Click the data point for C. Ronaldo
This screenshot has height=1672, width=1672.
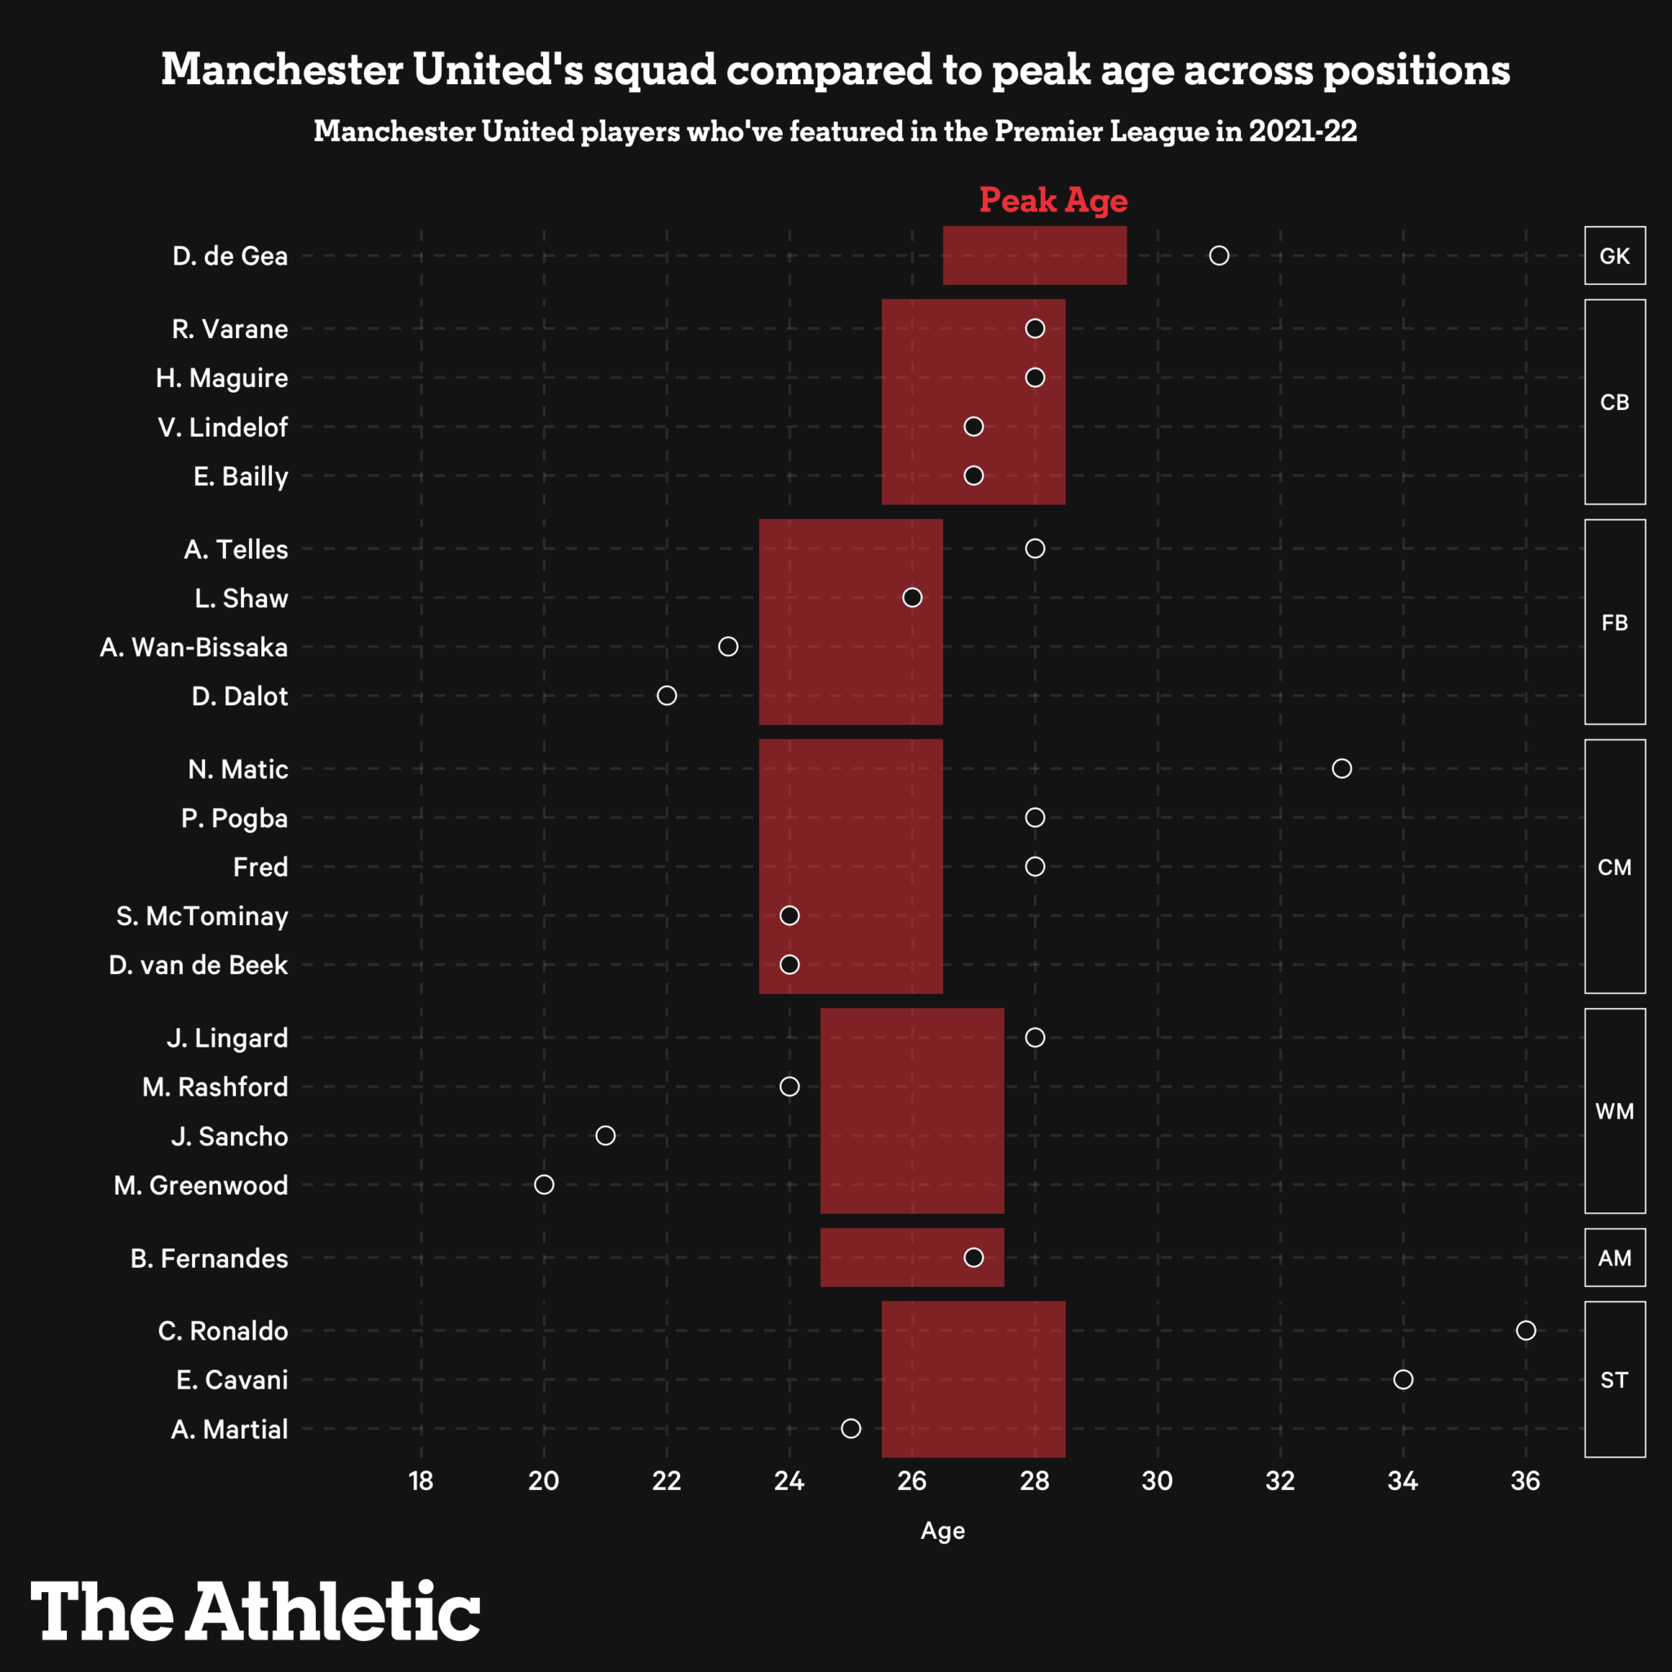(x=1525, y=1330)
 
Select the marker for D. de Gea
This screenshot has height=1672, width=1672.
(x=1219, y=256)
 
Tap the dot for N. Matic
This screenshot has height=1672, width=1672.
(x=1341, y=768)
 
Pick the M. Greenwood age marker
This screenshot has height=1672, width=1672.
(x=544, y=1184)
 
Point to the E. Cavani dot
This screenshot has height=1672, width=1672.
(x=1403, y=1380)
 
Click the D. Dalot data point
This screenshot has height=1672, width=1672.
(x=666, y=696)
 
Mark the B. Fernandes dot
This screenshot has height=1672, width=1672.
(x=974, y=1257)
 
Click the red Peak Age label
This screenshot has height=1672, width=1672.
(x=1052, y=201)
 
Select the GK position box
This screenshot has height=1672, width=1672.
(x=1614, y=256)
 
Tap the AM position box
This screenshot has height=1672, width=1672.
(x=1614, y=1257)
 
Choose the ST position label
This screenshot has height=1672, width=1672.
(x=1614, y=1380)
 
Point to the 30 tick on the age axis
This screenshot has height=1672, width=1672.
(x=1157, y=1482)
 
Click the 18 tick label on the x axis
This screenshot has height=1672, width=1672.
(x=421, y=1482)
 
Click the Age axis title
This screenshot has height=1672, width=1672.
(x=942, y=1531)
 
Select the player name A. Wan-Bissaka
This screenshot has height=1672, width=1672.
(x=193, y=647)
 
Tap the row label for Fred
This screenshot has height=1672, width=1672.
(x=260, y=867)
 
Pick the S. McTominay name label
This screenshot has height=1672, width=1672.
(x=202, y=916)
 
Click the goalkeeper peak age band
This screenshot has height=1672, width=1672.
(x=1034, y=256)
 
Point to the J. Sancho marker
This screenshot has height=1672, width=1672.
(x=605, y=1136)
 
